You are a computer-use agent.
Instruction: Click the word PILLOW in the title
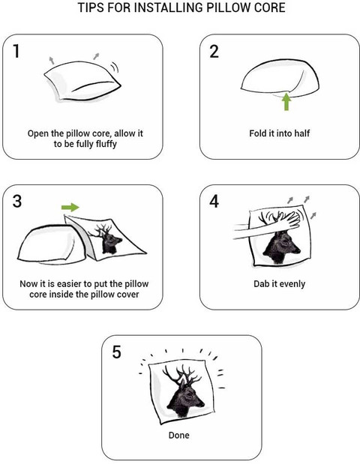pyautogui.click(x=227, y=7)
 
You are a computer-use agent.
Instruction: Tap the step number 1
pyautogui.click(x=16, y=51)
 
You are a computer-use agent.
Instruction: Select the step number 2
pyautogui.click(x=214, y=52)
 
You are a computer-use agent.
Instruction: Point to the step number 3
pyautogui.click(x=17, y=201)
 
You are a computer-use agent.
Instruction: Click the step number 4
pyautogui.click(x=214, y=202)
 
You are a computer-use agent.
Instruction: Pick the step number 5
pyautogui.click(x=117, y=352)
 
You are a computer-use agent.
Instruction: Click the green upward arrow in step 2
pyautogui.click(x=286, y=101)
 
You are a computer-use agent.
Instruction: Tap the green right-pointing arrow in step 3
pyautogui.click(x=70, y=208)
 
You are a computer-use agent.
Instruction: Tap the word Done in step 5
pyautogui.click(x=178, y=435)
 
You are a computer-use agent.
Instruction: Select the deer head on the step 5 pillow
pyautogui.click(x=184, y=391)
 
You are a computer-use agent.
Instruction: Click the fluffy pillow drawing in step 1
pyautogui.click(x=82, y=82)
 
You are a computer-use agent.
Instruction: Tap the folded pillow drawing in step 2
pyautogui.click(x=280, y=79)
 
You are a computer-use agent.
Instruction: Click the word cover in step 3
pyautogui.click(x=127, y=295)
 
